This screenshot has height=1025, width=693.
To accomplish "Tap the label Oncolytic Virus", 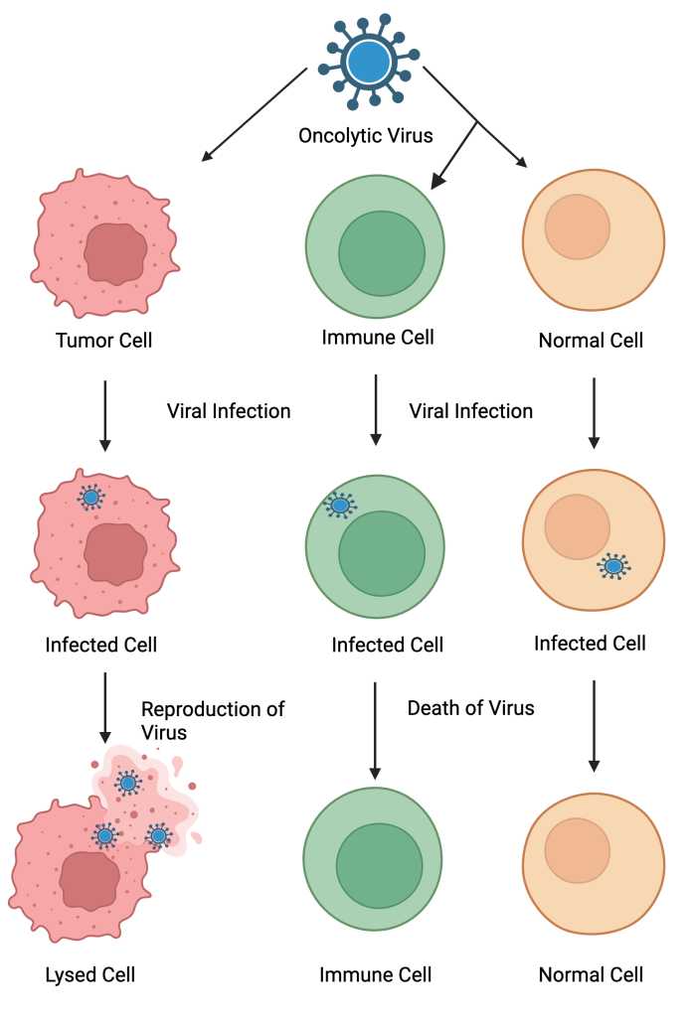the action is coord(365,136).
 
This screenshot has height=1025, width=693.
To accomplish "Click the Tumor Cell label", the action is coord(103,340).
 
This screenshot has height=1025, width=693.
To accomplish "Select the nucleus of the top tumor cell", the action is coord(115,254).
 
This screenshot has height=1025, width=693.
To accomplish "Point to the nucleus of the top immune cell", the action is coord(382,253).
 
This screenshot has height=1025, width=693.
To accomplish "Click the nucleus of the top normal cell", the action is coord(578,226).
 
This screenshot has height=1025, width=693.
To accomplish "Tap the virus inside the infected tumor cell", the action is coord(90,498).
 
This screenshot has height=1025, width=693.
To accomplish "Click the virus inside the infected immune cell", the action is coord(340,505).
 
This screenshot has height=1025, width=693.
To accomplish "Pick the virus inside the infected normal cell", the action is coord(613,566).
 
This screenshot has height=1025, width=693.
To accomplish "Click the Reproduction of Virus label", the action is coord(213,720).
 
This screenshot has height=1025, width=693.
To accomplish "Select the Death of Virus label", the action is coord(470,708).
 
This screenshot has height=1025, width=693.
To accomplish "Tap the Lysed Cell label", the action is coord(89,974).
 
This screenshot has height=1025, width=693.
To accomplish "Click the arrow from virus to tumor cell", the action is coord(254,114).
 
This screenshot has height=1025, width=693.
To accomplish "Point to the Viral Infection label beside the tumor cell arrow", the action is coord(229,411).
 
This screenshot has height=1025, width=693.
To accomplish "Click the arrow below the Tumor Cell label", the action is coord(104,416).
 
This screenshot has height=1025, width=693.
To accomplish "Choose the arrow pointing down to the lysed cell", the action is coord(104,708).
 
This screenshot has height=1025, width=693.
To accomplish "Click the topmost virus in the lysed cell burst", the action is coord(128,782).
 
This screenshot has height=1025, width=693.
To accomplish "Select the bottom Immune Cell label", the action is coord(375,974).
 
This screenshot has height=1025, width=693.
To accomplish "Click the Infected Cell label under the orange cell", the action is coord(590,644).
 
